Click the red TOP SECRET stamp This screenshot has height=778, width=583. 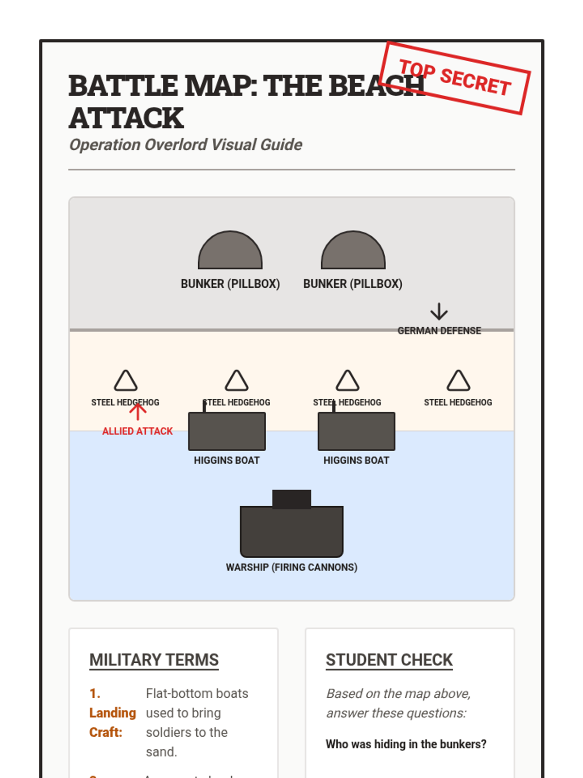coord(455,78)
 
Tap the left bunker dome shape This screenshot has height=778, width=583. coord(230,252)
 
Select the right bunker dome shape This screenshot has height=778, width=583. coord(353,252)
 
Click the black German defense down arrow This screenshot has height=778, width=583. coord(439,311)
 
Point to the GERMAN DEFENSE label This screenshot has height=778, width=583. coord(439,331)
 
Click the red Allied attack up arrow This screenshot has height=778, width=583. coord(137,411)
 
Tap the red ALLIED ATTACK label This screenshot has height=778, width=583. coord(137,431)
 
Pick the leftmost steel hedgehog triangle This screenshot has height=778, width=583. coord(126,381)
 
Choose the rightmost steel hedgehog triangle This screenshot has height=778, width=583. coord(458,381)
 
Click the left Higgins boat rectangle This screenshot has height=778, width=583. coord(227,431)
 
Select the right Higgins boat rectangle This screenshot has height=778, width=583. coord(356,431)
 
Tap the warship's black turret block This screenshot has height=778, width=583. coord(291,499)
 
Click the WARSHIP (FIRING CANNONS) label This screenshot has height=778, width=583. coord(291,567)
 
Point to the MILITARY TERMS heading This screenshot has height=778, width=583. coord(154,660)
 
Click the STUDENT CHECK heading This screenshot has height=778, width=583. coord(389,660)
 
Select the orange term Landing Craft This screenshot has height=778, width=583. coord(112,713)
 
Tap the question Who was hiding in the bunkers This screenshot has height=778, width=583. coord(406,744)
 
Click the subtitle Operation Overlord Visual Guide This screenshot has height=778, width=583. coord(186,145)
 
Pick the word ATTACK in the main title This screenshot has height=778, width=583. coord(126,118)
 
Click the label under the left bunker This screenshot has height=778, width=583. coord(230,284)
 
